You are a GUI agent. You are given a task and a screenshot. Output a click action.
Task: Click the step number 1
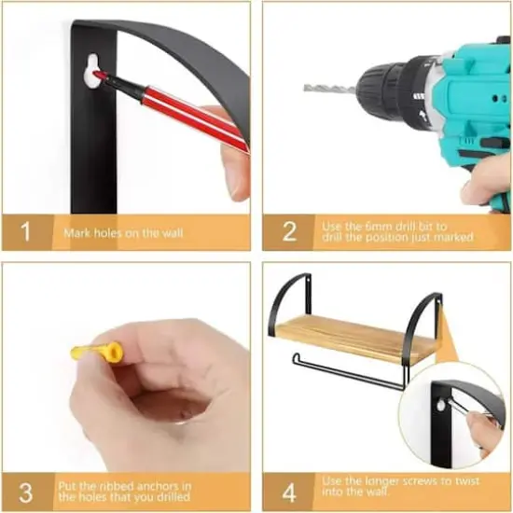[25, 231]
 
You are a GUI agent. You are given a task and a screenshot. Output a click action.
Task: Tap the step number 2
[289, 231]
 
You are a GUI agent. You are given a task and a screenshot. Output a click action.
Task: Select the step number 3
[26, 493]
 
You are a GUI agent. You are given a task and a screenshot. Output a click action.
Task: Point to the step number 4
[289, 493]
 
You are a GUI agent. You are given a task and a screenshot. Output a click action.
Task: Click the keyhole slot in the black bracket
[92, 71]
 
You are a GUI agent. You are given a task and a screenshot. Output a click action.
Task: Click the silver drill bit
[330, 89]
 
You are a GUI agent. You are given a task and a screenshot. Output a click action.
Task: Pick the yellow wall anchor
[97, 352]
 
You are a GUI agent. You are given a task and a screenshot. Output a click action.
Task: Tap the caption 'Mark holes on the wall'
[123, 233]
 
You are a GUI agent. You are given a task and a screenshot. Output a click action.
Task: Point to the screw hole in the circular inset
[440, 407]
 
